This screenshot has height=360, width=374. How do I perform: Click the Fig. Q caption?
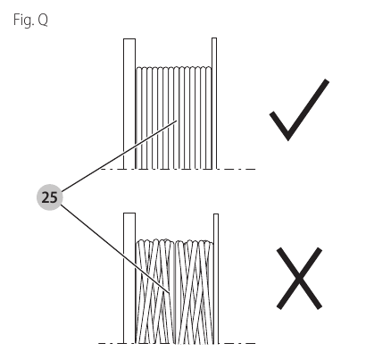(30, 21)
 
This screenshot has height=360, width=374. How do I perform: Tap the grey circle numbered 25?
(50, 197)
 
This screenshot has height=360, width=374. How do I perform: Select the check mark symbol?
(299, 110)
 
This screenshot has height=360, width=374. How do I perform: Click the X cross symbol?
(299, 279)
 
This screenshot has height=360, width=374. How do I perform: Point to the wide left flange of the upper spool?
(129, 104)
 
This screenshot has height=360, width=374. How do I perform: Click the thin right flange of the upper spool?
(214, 104)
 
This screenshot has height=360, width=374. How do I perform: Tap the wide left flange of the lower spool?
(129, 278)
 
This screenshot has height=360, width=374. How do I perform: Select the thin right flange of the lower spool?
(216, 279)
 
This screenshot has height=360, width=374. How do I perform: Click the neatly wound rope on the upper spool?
(174, 118)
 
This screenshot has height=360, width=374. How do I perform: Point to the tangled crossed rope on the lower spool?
(175, 291)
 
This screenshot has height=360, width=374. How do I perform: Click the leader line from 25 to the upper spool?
(119, 155)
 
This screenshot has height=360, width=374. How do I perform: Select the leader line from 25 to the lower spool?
(115, 249)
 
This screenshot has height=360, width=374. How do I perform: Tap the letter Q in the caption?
(43, 21)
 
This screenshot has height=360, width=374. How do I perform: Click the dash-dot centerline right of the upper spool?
(237, 169)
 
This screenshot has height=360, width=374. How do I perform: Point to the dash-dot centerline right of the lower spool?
(237, 343)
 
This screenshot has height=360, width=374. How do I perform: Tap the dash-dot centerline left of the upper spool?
(112, 169)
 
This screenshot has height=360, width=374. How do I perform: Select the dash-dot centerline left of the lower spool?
(111, 343)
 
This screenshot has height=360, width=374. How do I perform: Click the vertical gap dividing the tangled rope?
(174, 292)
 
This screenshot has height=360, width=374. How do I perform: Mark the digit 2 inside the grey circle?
(46, 197)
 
